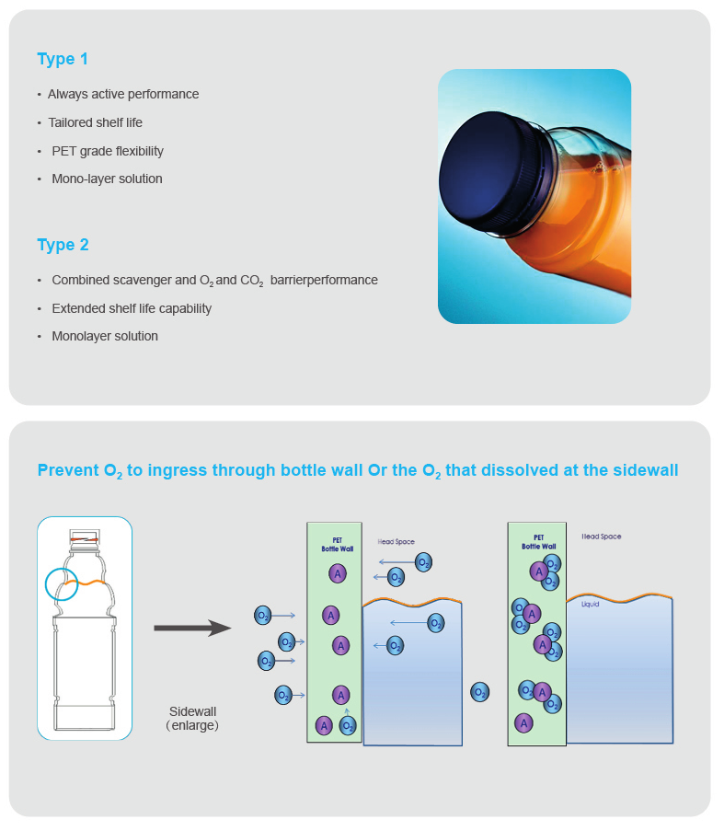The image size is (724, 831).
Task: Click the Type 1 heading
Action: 63,59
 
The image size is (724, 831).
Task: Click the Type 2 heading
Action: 63,245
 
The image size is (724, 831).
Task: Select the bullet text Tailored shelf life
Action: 95,122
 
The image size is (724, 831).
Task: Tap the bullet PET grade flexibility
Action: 108,151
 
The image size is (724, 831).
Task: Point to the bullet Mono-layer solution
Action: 107,179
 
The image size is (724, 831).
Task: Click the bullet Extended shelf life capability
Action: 132,308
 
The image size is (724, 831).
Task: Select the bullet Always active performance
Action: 123,94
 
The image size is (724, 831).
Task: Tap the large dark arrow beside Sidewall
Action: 191,629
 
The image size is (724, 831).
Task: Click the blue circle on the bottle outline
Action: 62,583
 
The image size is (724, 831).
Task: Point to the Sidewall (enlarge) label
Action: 192,718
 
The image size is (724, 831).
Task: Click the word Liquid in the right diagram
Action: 590,605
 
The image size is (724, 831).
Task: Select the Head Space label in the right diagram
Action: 602,536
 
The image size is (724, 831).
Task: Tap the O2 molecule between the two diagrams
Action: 480,691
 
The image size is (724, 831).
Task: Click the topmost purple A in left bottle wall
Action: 337,573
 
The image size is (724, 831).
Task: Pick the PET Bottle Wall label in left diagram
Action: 331,544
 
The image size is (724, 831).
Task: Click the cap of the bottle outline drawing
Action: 84,537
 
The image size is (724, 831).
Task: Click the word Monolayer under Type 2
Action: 81,336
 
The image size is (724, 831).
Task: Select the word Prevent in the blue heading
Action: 67,470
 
